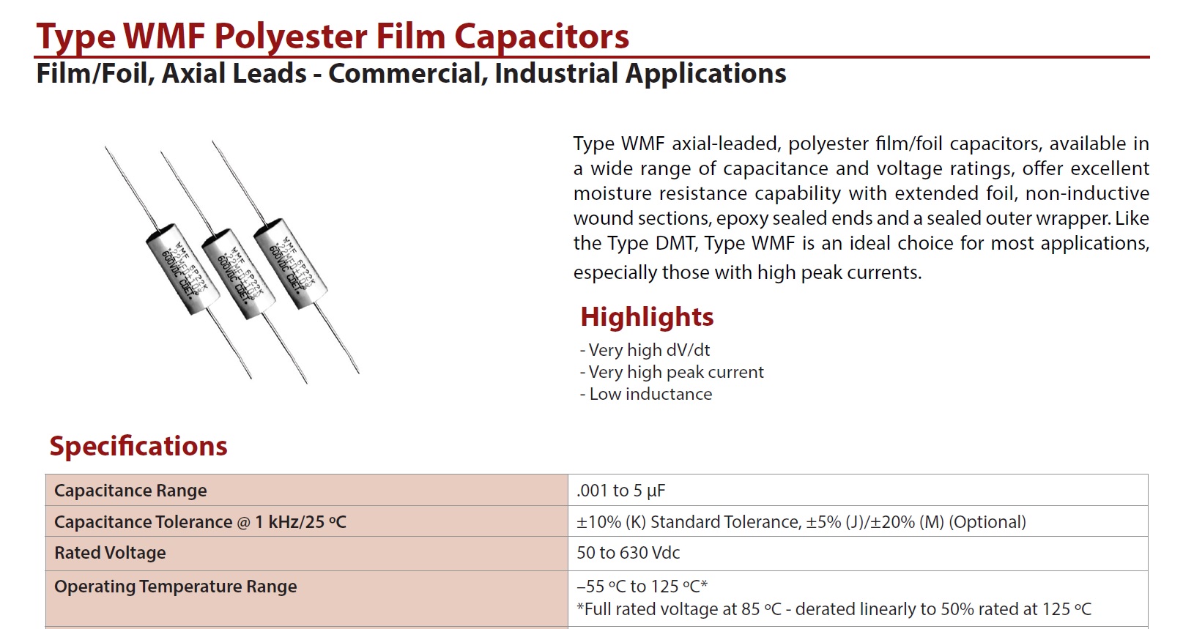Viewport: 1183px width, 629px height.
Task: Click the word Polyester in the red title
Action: pyautogui.click(x=291, y=37)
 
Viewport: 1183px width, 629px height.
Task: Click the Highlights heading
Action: pyautogui.click(x=647, y=317)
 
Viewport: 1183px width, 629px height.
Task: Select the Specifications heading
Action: pyautogui.click(x=138, y=447)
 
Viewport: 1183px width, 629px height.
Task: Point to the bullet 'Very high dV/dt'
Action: pyautogui.click(x=645, y=349)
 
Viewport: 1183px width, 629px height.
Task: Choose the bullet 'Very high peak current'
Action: pyautogui.click(x=672, y=372)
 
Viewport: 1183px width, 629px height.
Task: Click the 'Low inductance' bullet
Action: pyautogui.click(x=646, y=394)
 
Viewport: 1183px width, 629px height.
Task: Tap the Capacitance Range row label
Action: pyautogui.click(x=130, y=491)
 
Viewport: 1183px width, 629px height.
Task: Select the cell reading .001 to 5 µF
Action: pyautogui.click(x=620, y=491)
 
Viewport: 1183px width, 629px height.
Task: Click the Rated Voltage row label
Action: pyautogui.click(x=110, y=553)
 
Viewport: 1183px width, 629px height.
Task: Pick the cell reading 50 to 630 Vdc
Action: pyautogui.click(x=628, y=553)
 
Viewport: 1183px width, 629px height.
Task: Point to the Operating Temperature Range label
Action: pyautogui.click(x=175, y=587)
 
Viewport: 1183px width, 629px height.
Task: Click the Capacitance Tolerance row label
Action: pyautogui.click(x=200, y=522)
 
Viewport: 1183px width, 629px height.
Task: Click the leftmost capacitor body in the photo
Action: pyautogui.click(x=182, y=269)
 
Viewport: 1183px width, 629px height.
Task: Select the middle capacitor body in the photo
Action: pyautogui.click(x=239, y=274)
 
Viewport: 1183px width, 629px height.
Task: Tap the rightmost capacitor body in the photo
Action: pyautogui.click(x=291, y=264)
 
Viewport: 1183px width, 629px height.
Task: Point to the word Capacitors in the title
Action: pyautogui.click(x=541, y=37)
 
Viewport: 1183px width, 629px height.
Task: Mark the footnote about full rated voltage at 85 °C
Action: pyautogui.click(x=834, y=609)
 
